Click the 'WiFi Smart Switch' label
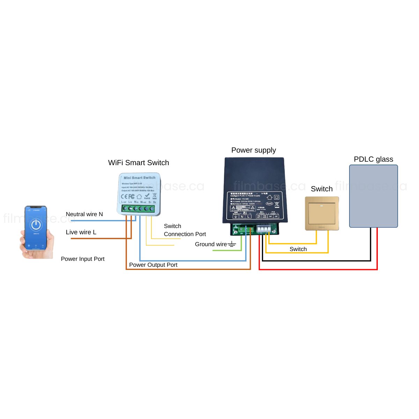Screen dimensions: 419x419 [x=139, y=163]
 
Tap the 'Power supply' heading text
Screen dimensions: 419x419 [x=253, y=150]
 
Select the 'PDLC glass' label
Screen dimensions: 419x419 [x=373, y=159]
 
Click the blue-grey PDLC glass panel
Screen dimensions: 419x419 [x=373, y=196]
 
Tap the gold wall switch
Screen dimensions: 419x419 [x=322, y=213]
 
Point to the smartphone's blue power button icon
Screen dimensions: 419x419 [x=36, y=225]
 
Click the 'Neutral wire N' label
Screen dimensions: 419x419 [x=84, y=214]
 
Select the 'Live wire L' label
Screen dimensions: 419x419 [x=81, y=232]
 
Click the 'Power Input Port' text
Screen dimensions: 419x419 [x=83, y=259]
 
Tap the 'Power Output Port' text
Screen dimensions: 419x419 [x=153, y=265]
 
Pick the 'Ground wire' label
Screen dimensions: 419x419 [x=211, y=244]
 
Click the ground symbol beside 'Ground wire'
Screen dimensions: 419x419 [x=232, y=244]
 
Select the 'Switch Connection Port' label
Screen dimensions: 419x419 [x=185, y=230]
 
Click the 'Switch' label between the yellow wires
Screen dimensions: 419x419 [x=298, y=249]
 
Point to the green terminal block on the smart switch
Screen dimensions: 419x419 [x=139, y=208]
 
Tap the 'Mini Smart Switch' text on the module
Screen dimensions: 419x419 [x=140, y=178]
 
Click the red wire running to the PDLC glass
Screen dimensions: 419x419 [x=318, y=269]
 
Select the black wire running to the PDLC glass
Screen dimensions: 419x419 [x=316, y=260]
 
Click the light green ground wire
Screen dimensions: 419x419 [x=227, y=250]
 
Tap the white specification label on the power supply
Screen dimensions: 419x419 [x=255, y=205]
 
